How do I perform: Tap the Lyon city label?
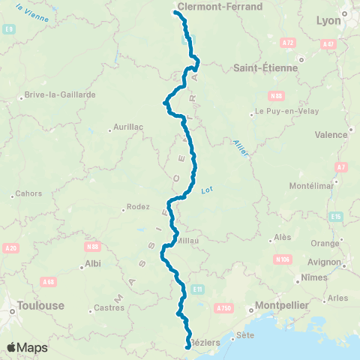(x=328, y=21)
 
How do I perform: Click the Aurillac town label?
(x=127, y=127)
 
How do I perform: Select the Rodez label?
(x=139, y=207)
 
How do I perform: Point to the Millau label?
(x=187, y=241)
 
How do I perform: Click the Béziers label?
(x=205, y=342)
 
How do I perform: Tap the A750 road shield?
(x=223, y=307)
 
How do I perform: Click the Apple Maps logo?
(x=28, y=347)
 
